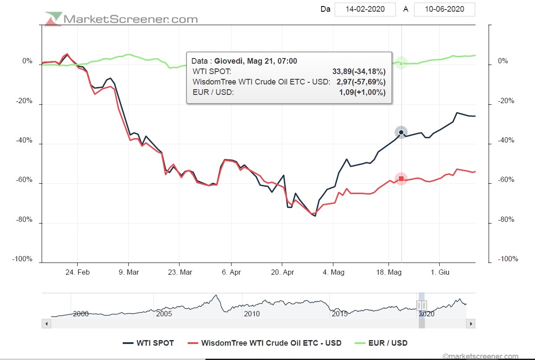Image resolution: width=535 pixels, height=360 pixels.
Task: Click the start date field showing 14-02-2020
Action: [365, 9]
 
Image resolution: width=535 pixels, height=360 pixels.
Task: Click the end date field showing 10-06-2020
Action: [444, 9]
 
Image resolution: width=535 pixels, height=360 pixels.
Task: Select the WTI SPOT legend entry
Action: [149, 343]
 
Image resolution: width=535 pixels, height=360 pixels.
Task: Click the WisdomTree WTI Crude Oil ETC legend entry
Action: [265, 343]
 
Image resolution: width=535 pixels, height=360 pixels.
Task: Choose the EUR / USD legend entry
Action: [382, 343]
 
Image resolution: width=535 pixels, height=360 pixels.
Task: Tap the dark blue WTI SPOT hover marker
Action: [401, 132]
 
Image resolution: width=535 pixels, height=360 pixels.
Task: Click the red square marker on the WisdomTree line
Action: [401, 178]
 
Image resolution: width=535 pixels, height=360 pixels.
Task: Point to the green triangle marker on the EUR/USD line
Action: [401, 63]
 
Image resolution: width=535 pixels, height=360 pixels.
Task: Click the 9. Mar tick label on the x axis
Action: [128, 272]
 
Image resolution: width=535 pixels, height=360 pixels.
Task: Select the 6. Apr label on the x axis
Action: [231, 272]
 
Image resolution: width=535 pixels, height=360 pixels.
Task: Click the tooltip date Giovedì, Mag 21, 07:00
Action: [256, 61]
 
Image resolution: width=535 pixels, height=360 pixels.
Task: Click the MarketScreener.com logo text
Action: [130, 19]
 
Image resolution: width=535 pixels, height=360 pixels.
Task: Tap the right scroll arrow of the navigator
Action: [470, 324]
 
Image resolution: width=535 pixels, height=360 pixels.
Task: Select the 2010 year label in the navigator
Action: [251, 314]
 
